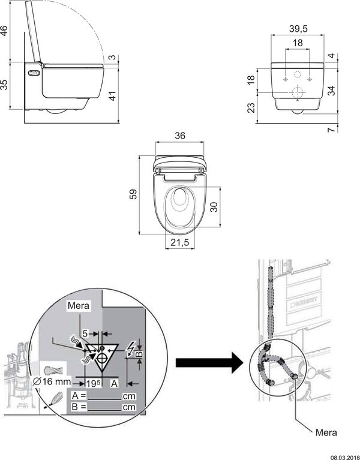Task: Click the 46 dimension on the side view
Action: pos(5,30)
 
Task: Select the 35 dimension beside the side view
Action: pos(5,85)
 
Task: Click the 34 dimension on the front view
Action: pos(332,90)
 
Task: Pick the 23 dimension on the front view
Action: pos(251,108)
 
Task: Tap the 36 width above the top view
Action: pos(179,136)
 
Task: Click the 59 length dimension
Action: pos(133,194)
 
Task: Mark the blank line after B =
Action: pos(106,408)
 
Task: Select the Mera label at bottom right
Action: pos(326,432)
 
